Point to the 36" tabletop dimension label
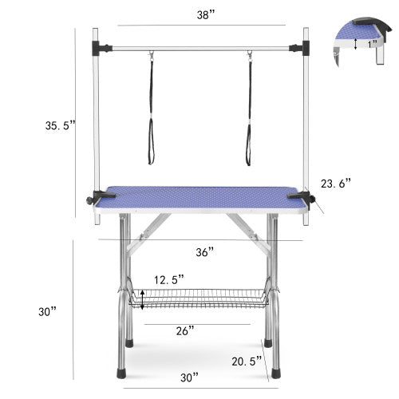205,251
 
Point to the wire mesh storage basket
199,299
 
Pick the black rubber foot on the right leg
275,371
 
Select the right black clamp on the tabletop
299,196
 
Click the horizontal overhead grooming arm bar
199,48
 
